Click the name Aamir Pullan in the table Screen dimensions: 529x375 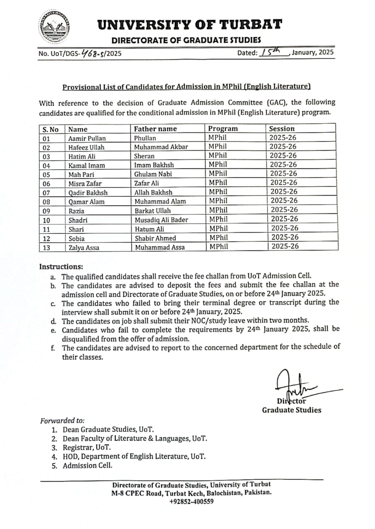pyautogui.click(x=87, y=138)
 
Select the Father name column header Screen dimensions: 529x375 pyautogui.click(x=155, y=129)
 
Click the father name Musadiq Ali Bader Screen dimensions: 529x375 pyautogui.click(x=161, y=220)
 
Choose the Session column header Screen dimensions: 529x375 pyautogui.click(x=282, y=129)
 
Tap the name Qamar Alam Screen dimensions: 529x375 pyautogui.click(x=86, y=202)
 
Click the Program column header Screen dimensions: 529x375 pyautogui.click(x=223, y=129)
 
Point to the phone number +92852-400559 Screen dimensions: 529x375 pyautogui.click(x=191, y=501)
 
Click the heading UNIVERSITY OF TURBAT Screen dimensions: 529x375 pyautogui.click(x=190, y=25)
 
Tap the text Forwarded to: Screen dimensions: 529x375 pyautogui.click(x=62, y=421)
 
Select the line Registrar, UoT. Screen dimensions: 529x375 pyautogui.click(x=87, y=448)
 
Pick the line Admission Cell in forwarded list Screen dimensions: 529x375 pyautogui.click(x=87, y=465)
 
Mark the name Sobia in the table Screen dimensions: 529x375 pyautogui.click(x=76, y=238)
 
